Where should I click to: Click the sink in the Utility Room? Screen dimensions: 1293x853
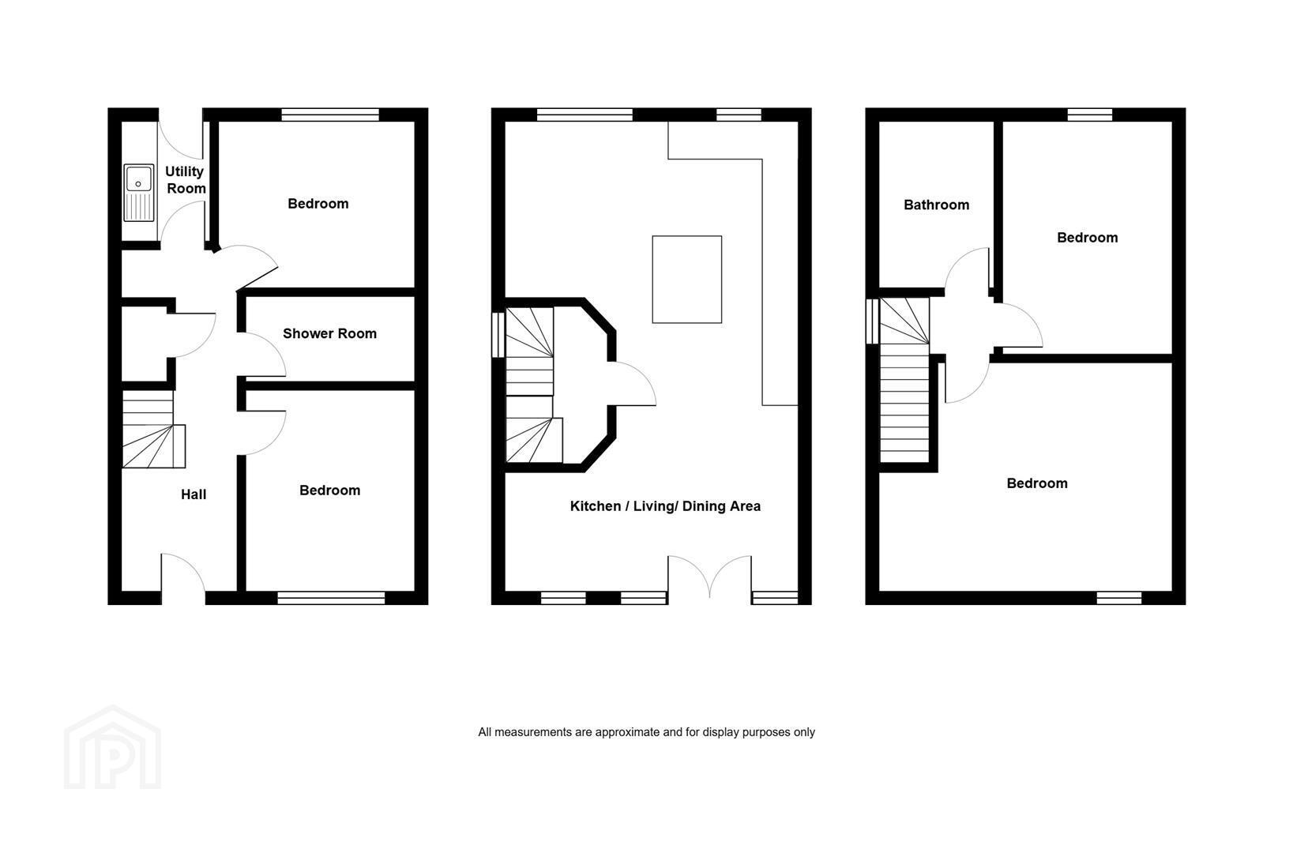pos(138,193)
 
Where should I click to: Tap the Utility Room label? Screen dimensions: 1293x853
pos(186,180)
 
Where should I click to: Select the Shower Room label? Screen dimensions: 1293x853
pos(329,333)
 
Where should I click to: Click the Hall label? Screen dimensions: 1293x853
pos(194,494)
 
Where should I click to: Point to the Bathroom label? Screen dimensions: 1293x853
pos(936,205)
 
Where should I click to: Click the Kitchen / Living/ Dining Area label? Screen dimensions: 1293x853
pos(665,506)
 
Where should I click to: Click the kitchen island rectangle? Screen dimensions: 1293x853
pos(687,280)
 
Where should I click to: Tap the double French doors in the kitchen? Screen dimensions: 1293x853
pos(710,577)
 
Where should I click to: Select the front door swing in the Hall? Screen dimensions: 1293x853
pos(182,572)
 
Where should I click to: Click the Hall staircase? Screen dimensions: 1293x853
pos(153,430)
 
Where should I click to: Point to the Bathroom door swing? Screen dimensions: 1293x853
pos(968,269)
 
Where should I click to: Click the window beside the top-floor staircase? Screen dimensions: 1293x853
pos(872,321)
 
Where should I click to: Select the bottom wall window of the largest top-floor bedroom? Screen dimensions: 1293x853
pos(1118,598)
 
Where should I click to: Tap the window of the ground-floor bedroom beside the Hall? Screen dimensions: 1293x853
pos(331,598)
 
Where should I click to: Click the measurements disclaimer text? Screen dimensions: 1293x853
pos(646,732)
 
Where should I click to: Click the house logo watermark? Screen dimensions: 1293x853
pos(113,747)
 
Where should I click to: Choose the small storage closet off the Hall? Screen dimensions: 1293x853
pos(145,344)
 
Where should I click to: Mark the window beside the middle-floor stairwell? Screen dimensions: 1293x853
pos(498,336)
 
